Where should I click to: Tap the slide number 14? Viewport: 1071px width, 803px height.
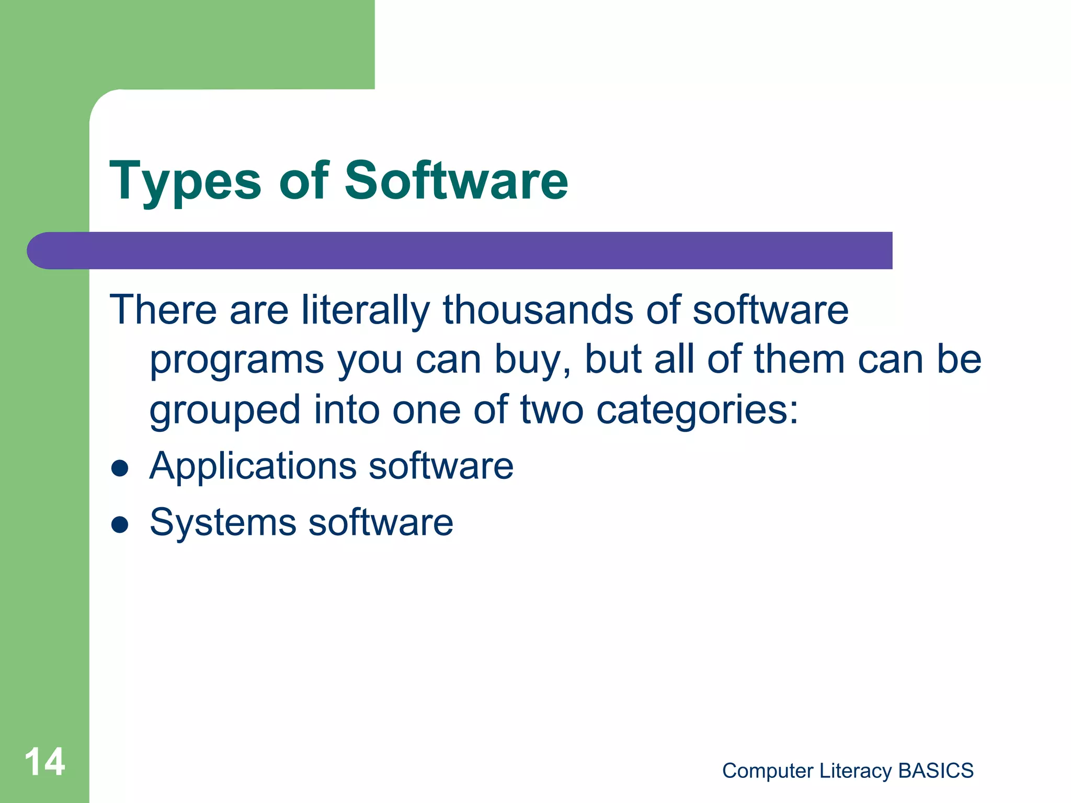tap(45, 762)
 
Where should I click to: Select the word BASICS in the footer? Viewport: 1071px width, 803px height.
tap(936, 771)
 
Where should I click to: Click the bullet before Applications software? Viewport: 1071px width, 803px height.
tap(120, 468)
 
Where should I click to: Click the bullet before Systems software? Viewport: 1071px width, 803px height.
tap(120, 524)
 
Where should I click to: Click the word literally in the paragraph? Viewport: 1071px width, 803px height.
tap(365, 310)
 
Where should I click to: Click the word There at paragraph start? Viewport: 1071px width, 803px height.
tap(163, 310)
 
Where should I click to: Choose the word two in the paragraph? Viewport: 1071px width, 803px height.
tap(551, 410)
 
